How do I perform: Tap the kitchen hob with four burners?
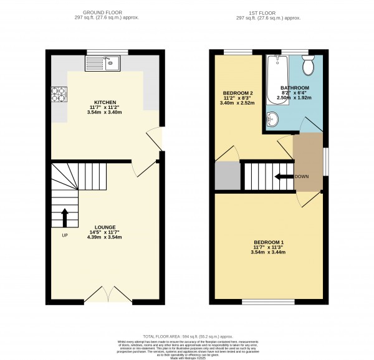[58, 93]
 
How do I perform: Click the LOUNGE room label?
[105, 227]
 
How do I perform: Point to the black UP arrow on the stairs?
[64, 217]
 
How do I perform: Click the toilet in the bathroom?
[308, 64]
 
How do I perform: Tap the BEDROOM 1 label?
[269, 242]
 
